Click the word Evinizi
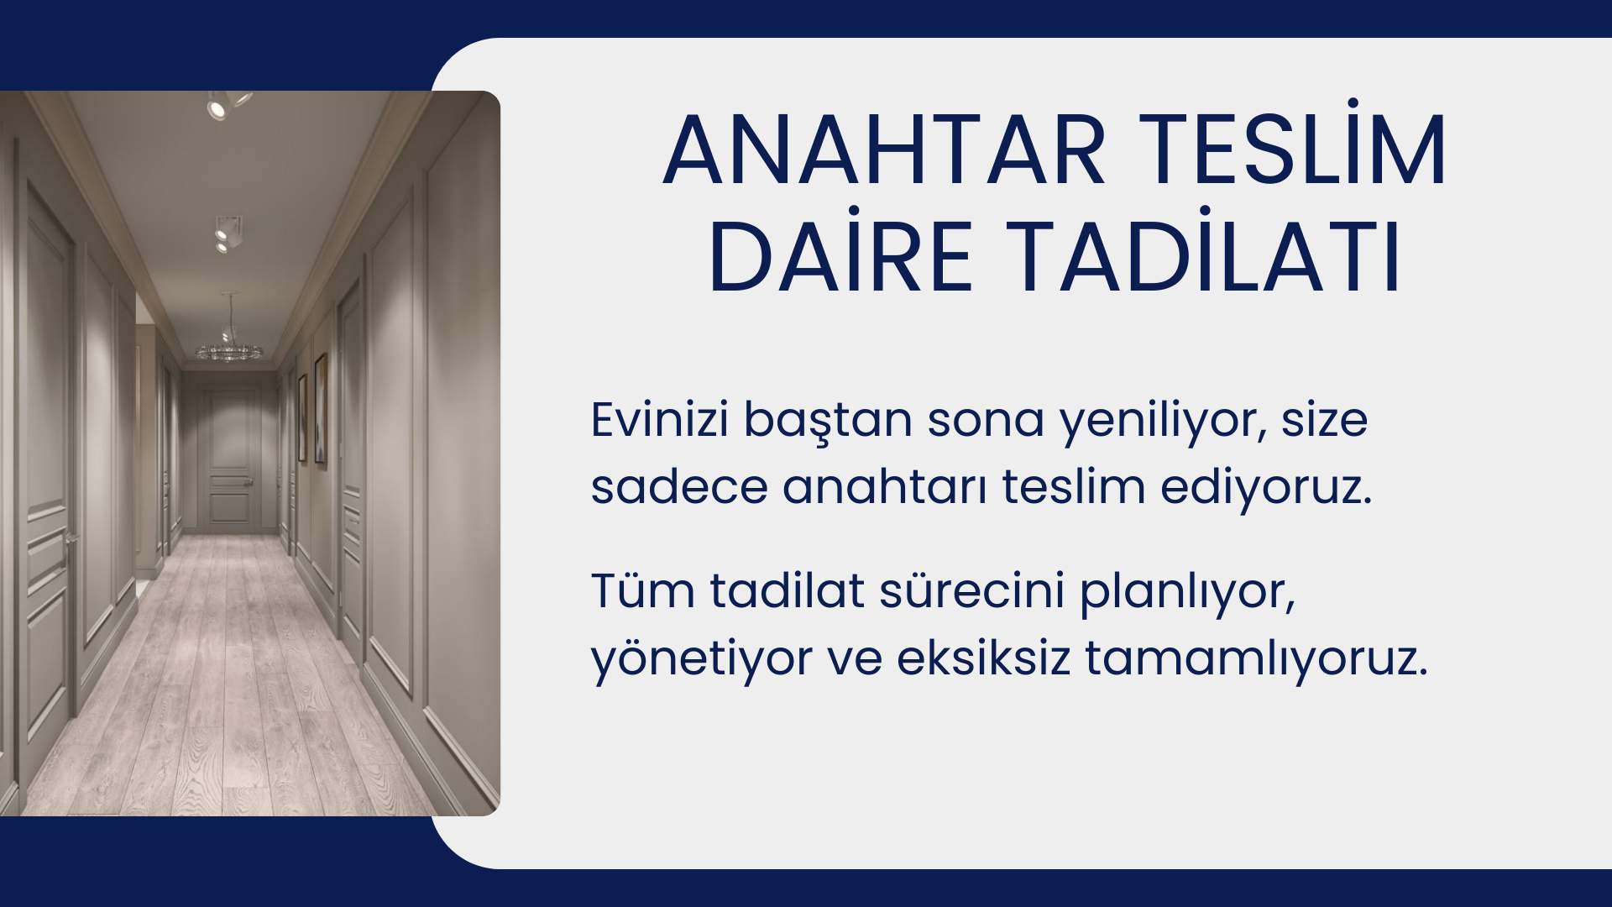click(x=660, y=419)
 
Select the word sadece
click(x=678, y=486)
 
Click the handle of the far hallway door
click(x=249, y=482)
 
